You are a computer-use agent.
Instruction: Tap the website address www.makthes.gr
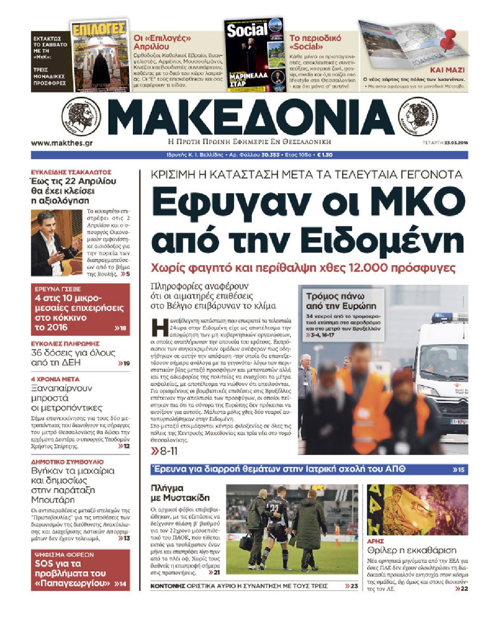pos(62,143)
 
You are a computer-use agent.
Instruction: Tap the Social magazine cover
pos(254,55)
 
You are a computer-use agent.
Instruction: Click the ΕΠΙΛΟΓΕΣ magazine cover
pos(99,55)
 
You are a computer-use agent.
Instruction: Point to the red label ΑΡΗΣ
pos(375,541)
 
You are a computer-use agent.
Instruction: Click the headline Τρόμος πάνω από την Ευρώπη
pos(341,301)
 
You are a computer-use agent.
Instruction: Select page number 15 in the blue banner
pos(458,469)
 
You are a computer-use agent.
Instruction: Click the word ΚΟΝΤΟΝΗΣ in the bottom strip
pos(167,586)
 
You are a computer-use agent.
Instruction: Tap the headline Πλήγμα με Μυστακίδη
pos(180,493)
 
